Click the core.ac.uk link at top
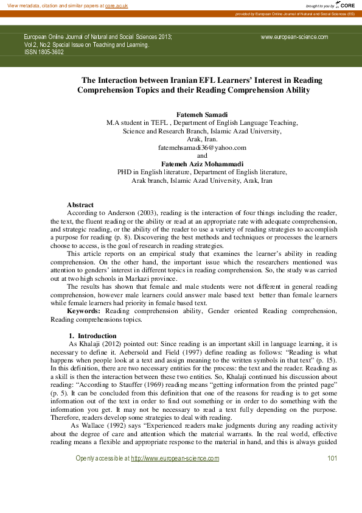click(116, 5)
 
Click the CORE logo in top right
click(345, 5)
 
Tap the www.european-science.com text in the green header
click(294, 37)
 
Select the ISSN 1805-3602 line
click(44, 52)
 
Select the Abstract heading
click(80, 205)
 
